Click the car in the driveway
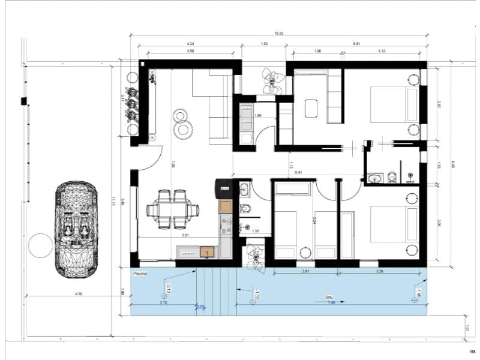[x=76, y=229]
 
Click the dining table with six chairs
[x=172, y=209]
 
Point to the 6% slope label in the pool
[x=329, y=297]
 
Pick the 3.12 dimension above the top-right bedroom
[x=382, y=52]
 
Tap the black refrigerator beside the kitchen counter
[x=223, y=188]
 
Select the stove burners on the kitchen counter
[x=227, y=227]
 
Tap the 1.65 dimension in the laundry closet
[x=258, y=115]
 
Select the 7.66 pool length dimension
[x=331, y=303]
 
